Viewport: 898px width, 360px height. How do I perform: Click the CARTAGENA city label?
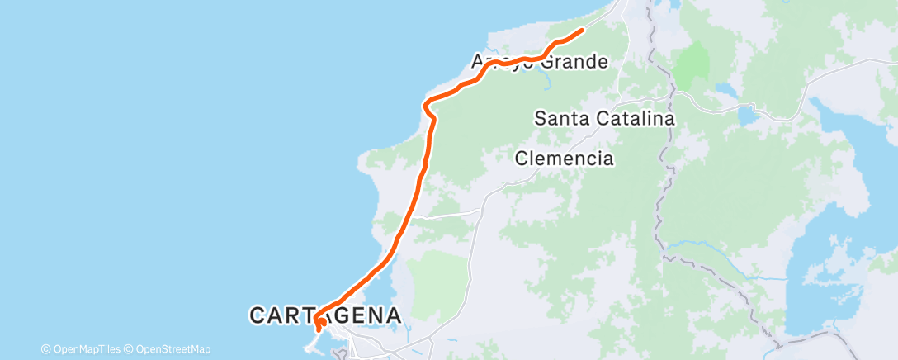coord(325,315)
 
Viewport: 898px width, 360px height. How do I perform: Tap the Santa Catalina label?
coord(605,118)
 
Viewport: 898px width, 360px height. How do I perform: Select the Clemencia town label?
coord(565,158)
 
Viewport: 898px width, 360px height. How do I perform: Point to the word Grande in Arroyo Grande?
coord(578,62)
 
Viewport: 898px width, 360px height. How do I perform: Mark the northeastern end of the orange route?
coord(584,30)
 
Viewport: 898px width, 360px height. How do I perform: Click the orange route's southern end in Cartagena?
coord(318,329)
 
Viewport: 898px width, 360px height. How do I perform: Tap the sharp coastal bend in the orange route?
coord(426,105)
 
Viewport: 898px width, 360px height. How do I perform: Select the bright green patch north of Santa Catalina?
coord(693,63)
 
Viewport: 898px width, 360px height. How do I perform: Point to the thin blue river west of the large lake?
coord(702,245)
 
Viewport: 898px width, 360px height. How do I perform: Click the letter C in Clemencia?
coord(521,159)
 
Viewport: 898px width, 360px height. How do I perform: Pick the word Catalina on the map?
coord(635,118)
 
